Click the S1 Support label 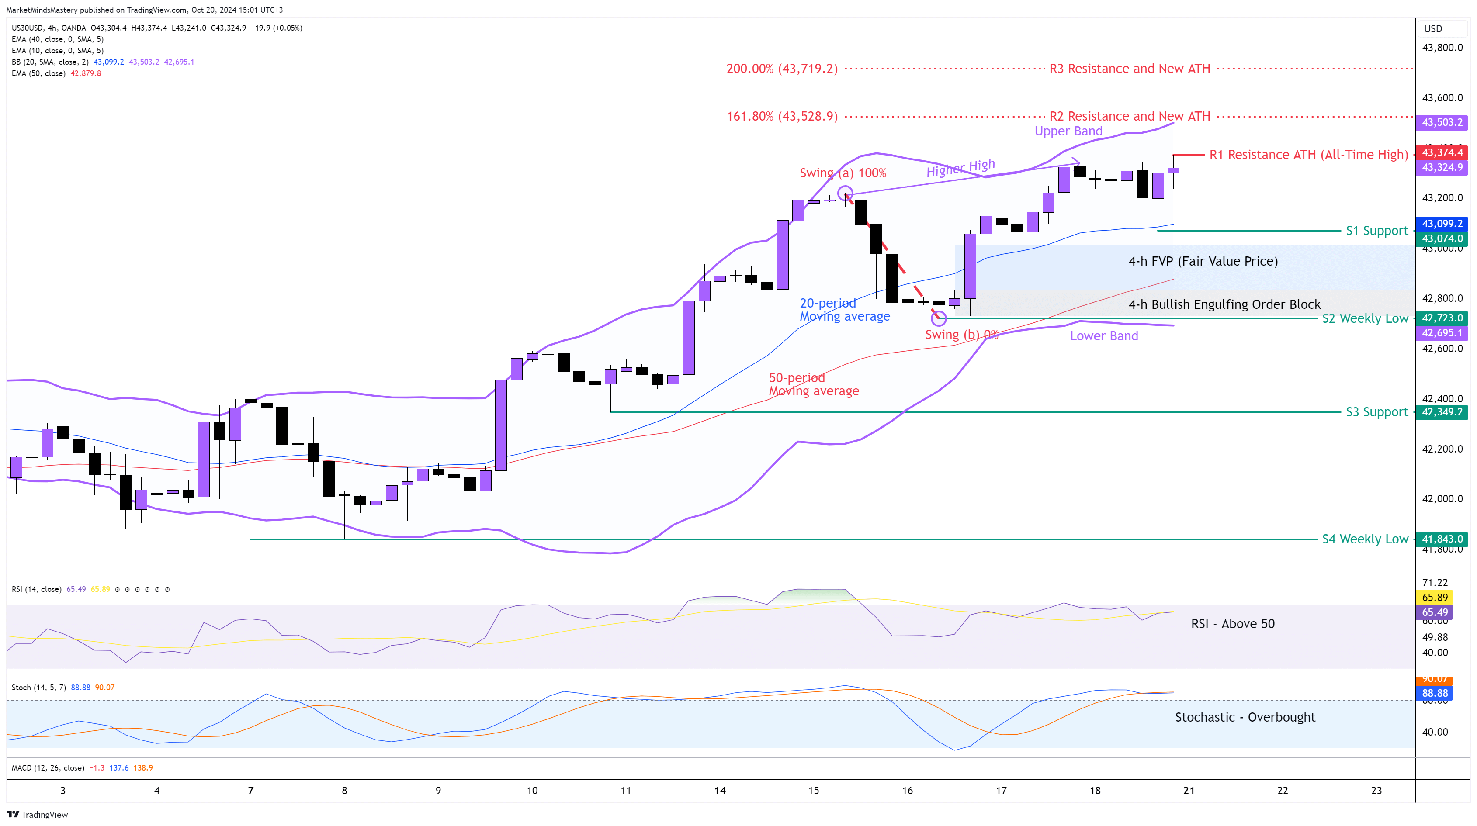(1376, 231)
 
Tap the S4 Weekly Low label (1365, 539)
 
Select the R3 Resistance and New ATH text (1129, 69)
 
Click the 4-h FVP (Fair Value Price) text (1202, 261)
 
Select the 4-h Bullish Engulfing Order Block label (1224, 304)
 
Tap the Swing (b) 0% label (961, 335)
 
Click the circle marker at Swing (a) (845, 193)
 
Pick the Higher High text (960, 167)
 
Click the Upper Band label (1068, 131)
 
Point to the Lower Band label (1104, 336)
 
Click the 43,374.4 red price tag (1442, 152)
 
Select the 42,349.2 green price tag (1442, 412)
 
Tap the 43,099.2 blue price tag (1442, 224)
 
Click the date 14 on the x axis (720, 791)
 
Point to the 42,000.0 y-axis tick (1442, 499)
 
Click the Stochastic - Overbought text (1245, 717)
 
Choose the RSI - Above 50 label (1232, 624)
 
